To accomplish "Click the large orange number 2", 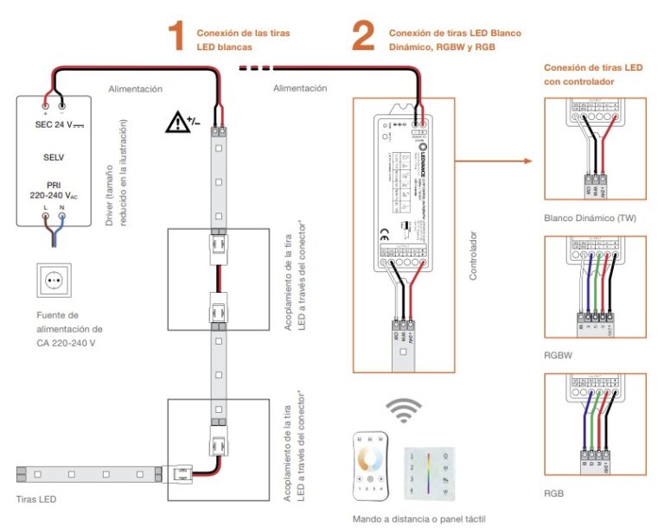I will tap(363, 36).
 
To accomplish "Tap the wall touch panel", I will tap(428, 472).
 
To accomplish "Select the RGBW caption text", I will tap(559, 352).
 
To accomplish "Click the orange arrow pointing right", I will tap(493, 161).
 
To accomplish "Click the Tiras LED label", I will tap(36, 498).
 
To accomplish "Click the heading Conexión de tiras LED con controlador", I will tap(592, 74).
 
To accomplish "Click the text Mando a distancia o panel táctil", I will tap(419, 520).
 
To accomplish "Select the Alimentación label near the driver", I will tap(135, 89).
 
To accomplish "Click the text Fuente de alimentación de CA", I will tap(70, 329).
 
